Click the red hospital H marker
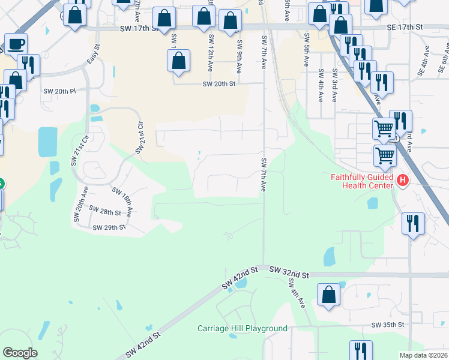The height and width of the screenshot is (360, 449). (x=403, y=179)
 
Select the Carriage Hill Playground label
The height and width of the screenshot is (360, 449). (x=243, y=328)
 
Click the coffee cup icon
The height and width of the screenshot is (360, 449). (x=16, y=44)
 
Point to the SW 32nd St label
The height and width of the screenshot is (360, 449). (x=289, y=274)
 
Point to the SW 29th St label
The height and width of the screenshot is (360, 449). (x=109, y=227)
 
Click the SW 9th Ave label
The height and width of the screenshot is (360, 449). (x=239, y=57)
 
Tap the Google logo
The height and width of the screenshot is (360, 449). (x=20, y=353)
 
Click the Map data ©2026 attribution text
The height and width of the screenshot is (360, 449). (x=424, y=355)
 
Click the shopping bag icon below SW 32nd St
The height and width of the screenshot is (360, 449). (x=328, y=295)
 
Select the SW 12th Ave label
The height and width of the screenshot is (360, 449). (x=211, y=47)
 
